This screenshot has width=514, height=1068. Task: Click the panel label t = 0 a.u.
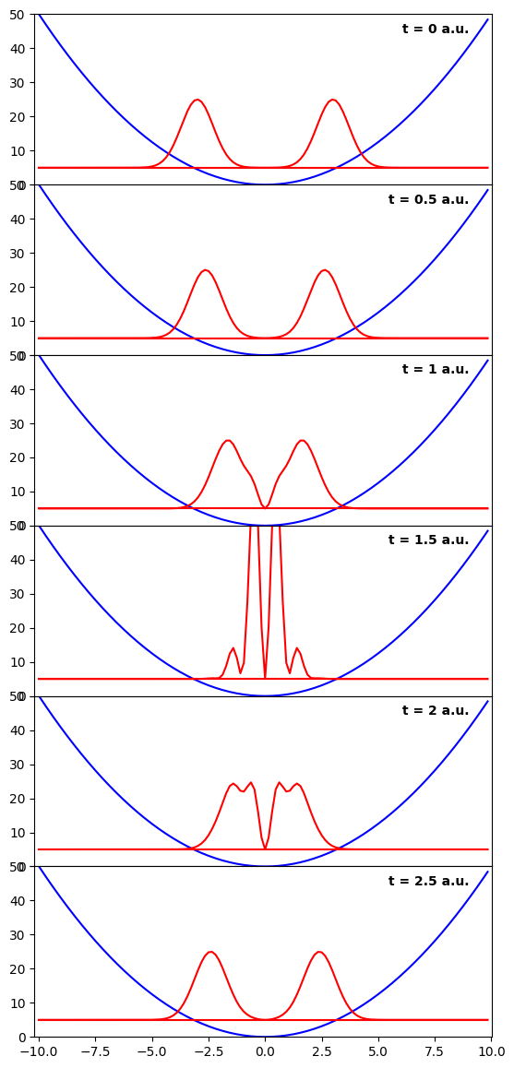click(436, 29)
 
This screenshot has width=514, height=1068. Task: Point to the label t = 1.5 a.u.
click(429, 540)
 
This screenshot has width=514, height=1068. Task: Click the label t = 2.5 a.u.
click(429, 881)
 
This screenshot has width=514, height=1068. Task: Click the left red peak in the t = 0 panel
click(197, 101)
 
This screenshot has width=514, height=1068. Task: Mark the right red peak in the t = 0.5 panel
click(325, 270)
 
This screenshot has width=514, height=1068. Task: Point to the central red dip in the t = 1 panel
click(265, 507)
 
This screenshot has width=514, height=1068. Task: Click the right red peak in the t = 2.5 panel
click(319, 952)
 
